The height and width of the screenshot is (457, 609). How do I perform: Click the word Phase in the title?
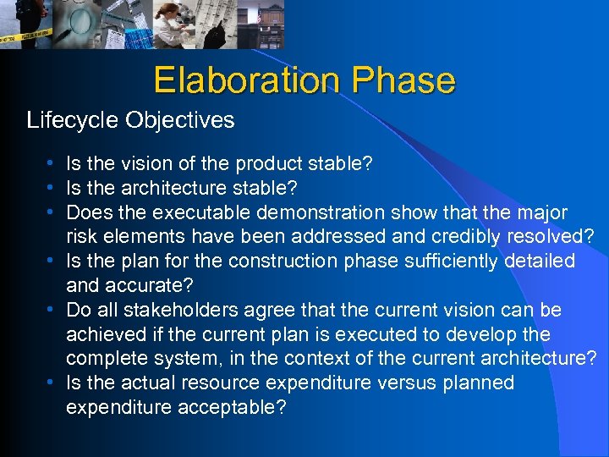(403, 80)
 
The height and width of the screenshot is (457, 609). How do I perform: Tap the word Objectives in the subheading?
(179, 120)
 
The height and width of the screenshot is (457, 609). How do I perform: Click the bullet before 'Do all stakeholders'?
(52, 311)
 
